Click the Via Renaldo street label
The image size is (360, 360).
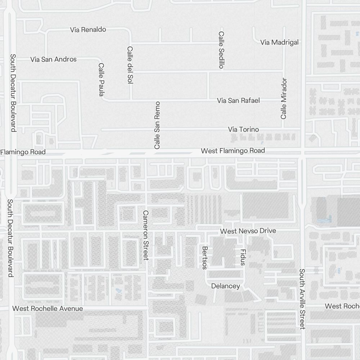click(88, 30)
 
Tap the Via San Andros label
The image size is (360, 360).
click(53, 59)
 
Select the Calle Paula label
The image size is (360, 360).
click(101, 80)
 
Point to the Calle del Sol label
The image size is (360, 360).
click(130, 65)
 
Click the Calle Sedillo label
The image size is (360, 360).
click(221, 50)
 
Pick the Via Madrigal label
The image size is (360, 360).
click(279, 42)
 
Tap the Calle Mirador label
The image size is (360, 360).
click(284, 98)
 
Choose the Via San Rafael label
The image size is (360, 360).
click(238, 100)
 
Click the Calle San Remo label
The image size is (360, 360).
click(157, 125)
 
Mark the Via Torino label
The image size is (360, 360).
click(243, 129)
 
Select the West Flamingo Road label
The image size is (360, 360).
click(233, 150)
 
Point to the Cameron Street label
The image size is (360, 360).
click(145, 235)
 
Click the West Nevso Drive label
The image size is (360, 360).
click(248, 231)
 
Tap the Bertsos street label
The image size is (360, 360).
click(204, 257)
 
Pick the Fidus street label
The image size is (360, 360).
click(243, 257)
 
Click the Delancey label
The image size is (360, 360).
click(225, 286)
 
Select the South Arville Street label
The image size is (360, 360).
click(302, 299)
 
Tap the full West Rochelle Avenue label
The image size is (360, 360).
click(48, 309)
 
